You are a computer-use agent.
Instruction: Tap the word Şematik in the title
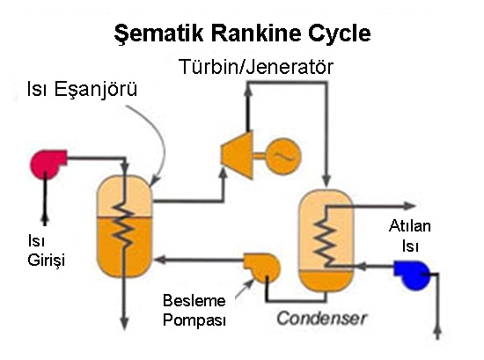[x=158, y=34]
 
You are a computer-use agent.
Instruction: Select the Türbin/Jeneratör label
[x=256, y=67]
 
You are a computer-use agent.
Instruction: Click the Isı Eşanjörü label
[x=82, y=90]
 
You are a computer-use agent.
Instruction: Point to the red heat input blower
[x=48, y=164]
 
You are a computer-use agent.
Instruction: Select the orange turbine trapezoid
[x=237, y=154]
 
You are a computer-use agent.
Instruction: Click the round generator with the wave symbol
[x=283, y=156]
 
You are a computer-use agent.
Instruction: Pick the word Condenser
[x=321, y=318]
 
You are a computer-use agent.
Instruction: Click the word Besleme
[x=194, y=300]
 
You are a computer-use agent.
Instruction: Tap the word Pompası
[x=194, y=320]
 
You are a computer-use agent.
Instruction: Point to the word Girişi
[x=47, y=260]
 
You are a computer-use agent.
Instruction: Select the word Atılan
[x=409, y=226]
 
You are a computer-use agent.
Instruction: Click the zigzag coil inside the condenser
[x=325, y=237]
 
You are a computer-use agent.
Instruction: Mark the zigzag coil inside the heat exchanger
[x=124, y=224]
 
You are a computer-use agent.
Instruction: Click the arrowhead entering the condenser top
[x=326, y=181]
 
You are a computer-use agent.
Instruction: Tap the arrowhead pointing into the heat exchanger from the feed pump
[x=160, y=260]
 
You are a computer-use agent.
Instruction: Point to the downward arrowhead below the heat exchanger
[x=124, y=324]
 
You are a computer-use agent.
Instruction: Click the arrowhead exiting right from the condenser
[x=411, y=206]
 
